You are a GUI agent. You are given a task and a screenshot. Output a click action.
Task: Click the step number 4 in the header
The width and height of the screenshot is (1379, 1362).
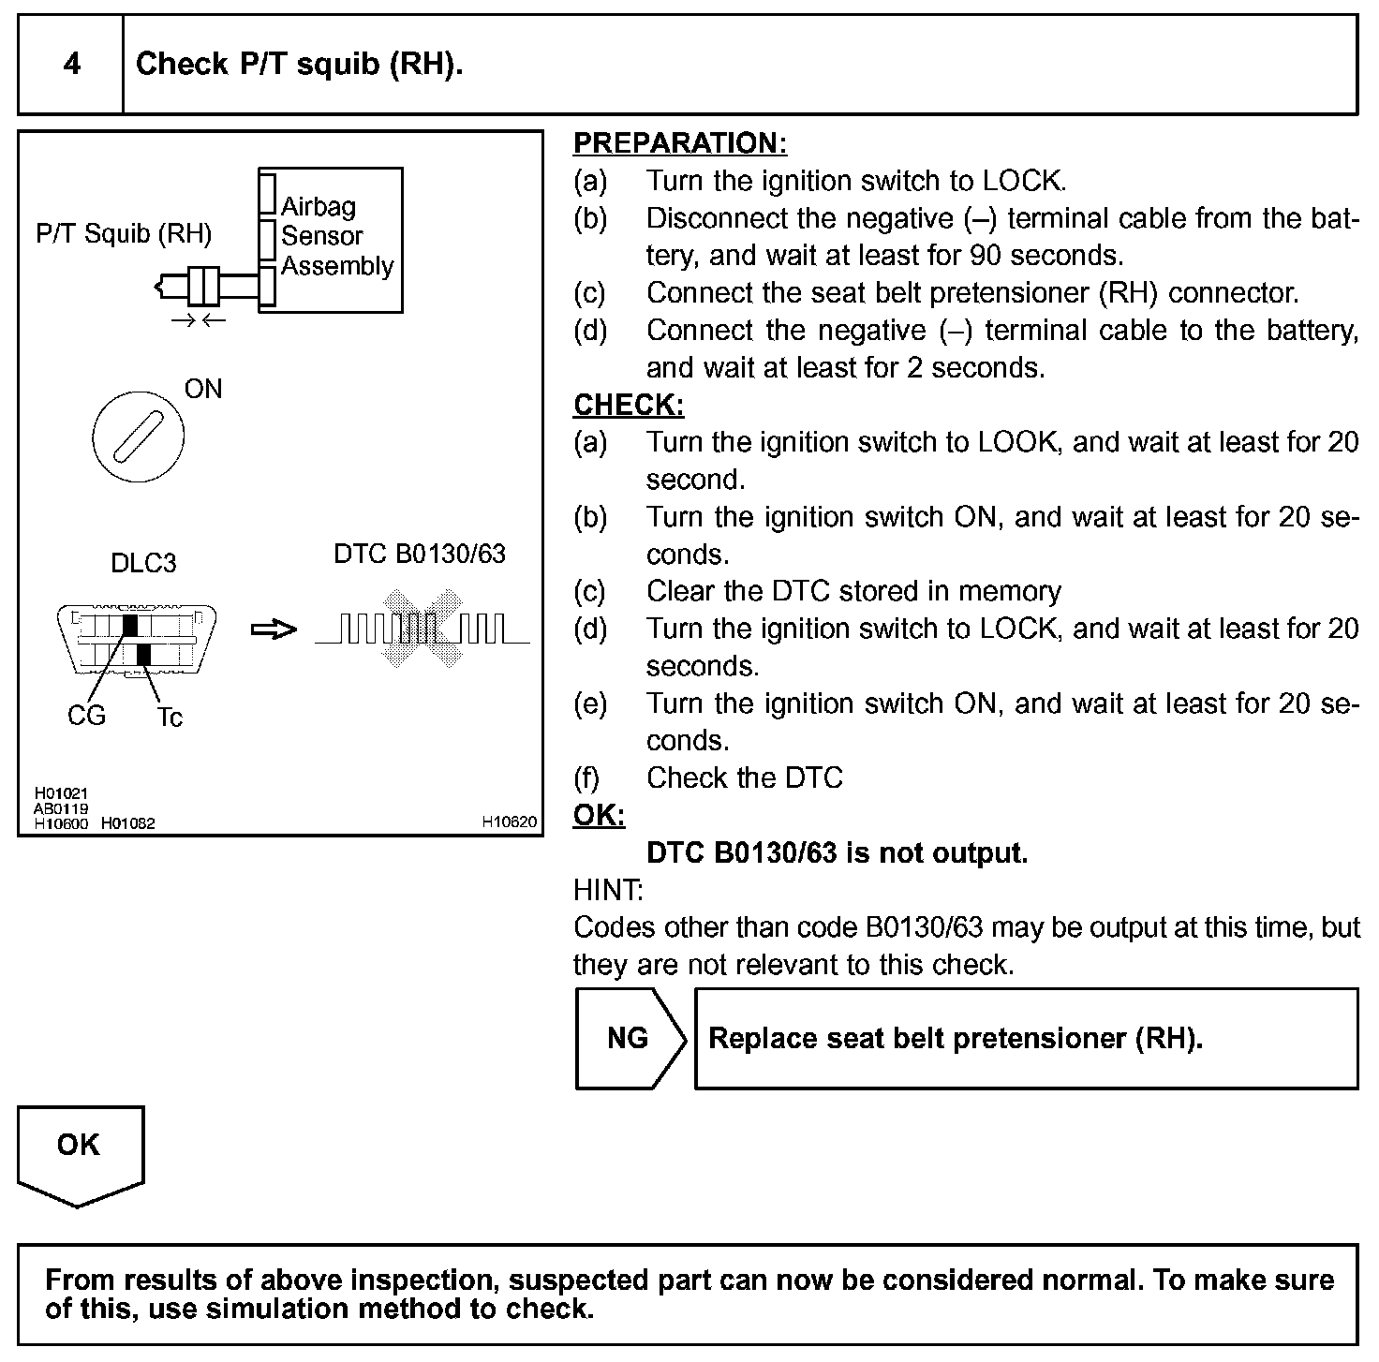click(71, 65)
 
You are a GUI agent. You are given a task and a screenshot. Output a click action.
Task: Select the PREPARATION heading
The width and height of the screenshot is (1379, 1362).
click(679, 143)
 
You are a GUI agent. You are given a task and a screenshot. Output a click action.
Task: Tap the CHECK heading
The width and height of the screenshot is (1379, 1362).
click(629, 405)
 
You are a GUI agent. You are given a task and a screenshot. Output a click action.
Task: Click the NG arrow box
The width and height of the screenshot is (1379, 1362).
click(628, 1038)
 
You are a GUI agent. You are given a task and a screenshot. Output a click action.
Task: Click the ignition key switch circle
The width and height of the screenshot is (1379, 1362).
click(138, 436)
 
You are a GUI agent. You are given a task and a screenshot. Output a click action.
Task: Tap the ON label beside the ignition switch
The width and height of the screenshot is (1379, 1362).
click(203, 389)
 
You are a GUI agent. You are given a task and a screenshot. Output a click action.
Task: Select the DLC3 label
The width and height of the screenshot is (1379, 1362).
click(143, 563)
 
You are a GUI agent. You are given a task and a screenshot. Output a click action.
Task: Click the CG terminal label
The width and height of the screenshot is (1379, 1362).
click(86, 716)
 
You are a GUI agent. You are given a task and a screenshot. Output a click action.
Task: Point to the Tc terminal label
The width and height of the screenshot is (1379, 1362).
click(170, 718)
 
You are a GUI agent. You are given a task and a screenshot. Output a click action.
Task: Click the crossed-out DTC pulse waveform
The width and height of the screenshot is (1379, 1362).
click(422, 629)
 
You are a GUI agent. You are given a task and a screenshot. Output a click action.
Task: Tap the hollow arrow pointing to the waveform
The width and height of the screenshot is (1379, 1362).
click(273, 629)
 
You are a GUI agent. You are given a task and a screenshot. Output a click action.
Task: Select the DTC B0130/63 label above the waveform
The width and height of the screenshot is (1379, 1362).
click(419, 554)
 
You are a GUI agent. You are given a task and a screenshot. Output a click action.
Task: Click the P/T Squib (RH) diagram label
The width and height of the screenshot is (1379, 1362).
click(124, 233)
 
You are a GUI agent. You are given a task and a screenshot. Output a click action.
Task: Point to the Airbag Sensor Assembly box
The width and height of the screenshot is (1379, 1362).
click(331, 239)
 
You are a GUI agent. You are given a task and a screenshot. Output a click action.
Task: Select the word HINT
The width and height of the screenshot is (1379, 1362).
click(608, 890)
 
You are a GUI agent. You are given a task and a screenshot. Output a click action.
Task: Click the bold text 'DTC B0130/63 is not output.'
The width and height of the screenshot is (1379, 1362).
click(838, 853)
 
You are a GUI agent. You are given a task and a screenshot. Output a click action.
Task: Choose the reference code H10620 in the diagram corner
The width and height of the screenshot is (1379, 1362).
click(509, 822)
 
